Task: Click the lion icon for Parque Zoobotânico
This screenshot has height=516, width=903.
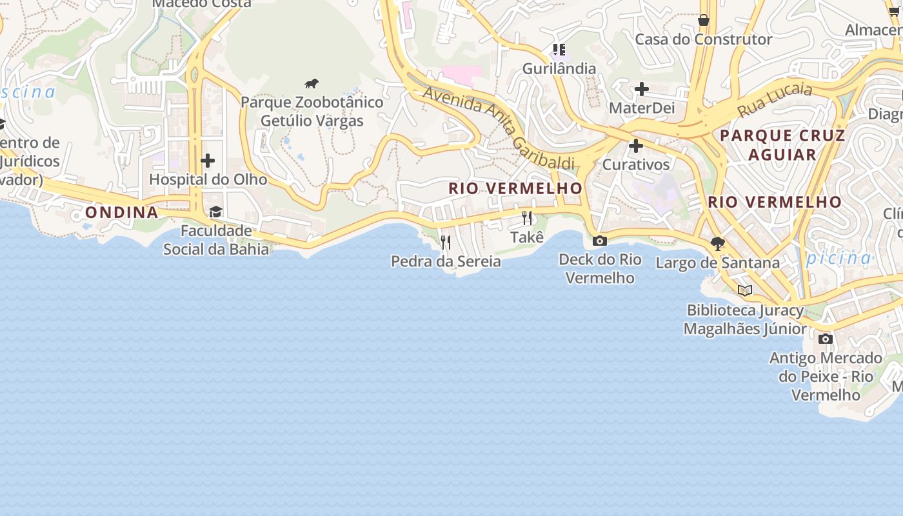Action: pyautogui.click(x=312, y=83)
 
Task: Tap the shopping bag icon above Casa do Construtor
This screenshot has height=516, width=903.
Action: pyautogui.click(x=704, y=20)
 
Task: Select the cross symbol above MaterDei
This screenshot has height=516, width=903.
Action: pyautogui.click(x=641, y=89)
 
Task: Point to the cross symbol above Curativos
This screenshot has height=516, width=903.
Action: pyautogui.click(x=636, y=146)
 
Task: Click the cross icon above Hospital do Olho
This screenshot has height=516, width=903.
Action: pyautogui.click(x=208, y=160)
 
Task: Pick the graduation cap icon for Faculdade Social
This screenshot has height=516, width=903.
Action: pyautogui.click(x=215, y=212)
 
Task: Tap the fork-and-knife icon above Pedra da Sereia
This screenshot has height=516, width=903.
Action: pyautogui.click(x=445, y=243)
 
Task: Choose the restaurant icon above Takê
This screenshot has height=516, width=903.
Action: pyautogui.click(x=527, y=218)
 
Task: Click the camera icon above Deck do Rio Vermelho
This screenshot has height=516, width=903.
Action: pyautogui.click(x=600, y=241)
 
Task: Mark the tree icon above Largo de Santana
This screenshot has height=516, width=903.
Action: pyautogui.click(x=717, y=243)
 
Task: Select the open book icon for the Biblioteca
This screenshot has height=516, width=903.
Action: pyautogui.click(x=745, y=290)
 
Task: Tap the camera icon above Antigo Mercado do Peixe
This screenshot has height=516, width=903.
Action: pyautogui.click(x=825, y=339)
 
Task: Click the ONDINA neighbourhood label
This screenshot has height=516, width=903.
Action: pyautogui.click(x=122, y=212)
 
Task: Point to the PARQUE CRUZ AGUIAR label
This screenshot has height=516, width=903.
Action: pyautogui.click(x=782, y=144)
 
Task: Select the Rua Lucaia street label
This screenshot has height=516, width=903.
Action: pyautogui.click(x=775, y=99)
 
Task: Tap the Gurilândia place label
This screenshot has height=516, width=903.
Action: pyautogui.click(x=559, y=68)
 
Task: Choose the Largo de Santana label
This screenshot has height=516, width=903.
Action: pyautogui.click(x=718, y=263)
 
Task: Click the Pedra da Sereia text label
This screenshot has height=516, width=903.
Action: pyautogui.click(x=446, y=261)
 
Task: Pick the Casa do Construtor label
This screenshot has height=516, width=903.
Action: pyautogui.click(x=704, y=39)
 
